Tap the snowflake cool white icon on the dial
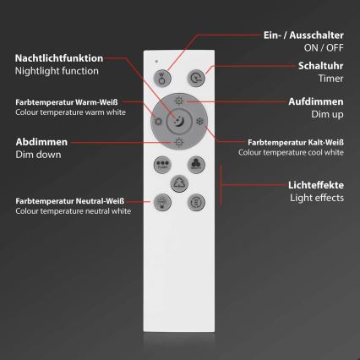pos(200,122)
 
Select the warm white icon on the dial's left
pos(158,123)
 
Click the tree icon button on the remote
pos(179,183)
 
